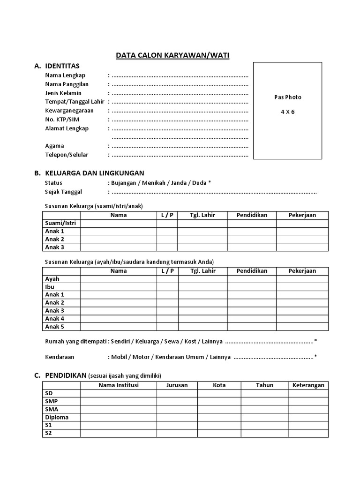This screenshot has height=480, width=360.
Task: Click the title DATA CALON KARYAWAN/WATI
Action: [x=173, y=55]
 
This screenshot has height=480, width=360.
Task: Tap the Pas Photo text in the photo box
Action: [x=288, y=97]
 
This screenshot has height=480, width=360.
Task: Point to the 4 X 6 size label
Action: [x=288, y=112]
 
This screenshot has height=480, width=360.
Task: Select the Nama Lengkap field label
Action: [x=65, y=75]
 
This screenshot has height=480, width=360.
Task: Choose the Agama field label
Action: [x=54, y=146]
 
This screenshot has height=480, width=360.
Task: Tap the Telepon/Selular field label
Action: [x=67, y=155]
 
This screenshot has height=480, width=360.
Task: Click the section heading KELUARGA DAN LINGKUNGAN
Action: [x=94, y=173]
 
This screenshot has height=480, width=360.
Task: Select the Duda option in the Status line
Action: [x=199, y=182]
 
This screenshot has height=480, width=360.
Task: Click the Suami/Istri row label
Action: [x=60, y=223]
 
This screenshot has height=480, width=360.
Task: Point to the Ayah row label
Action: [x=52, y=279]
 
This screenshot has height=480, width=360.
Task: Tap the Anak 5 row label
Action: [x=54, y=327]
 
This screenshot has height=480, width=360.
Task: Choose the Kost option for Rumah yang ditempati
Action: [x=190, y=341]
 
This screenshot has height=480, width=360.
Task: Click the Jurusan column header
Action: [x=177, y=385]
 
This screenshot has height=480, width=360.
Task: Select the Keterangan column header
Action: [x=308, y=385]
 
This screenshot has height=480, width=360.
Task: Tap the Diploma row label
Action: [x=57, y=417]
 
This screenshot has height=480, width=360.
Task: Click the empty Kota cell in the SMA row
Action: [x=219, y=409]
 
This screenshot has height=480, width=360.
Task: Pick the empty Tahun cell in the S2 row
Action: [x=264, y=433]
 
